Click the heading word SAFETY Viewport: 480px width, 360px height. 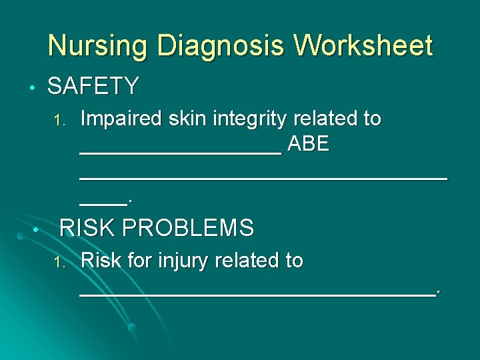pos(93,86)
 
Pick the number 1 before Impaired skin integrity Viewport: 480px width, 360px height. pos(58,121)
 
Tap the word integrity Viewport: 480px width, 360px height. pos(250,119)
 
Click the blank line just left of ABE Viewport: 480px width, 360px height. pos(180,152)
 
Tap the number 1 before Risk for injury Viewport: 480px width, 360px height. pos(58,261)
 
